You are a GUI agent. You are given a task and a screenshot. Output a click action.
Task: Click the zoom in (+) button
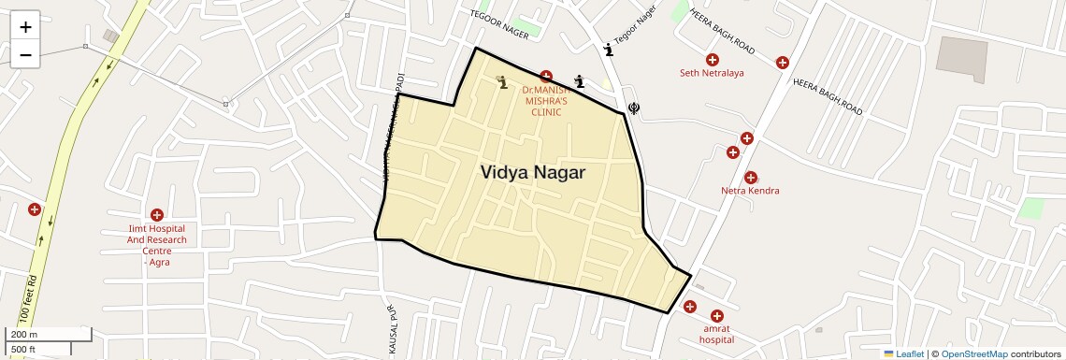tap(25, 27)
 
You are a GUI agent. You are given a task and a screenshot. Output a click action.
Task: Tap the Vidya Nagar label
tap(533, 173)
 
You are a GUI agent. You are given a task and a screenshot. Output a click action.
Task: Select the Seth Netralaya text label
tap(712, 73)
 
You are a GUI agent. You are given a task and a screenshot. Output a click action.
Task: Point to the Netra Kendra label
tap(750, 191)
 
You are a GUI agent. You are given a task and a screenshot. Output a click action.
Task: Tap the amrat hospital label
tap(716, 334)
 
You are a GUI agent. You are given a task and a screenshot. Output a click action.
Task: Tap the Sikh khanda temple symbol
tap(635, 107)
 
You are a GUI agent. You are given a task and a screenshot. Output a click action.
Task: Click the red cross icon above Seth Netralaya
tap(713, 60)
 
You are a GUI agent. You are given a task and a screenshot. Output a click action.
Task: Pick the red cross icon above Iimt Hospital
tap(156, 215)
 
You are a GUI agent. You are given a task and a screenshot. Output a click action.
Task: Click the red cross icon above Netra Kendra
tap(750, 178)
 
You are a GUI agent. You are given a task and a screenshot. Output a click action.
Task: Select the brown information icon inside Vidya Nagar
tap(503, 82)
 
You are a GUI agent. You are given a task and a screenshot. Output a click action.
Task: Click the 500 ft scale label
tap(23, 350)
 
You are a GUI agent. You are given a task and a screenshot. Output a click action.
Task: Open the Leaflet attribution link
tap(903, 353)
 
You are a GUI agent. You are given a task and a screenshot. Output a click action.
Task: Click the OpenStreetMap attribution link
tap(974, 353)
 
